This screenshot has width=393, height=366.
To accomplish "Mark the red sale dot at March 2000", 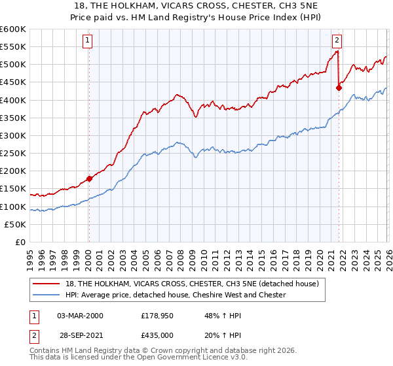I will (89, 178).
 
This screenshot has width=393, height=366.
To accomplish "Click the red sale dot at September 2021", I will (339, 88).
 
